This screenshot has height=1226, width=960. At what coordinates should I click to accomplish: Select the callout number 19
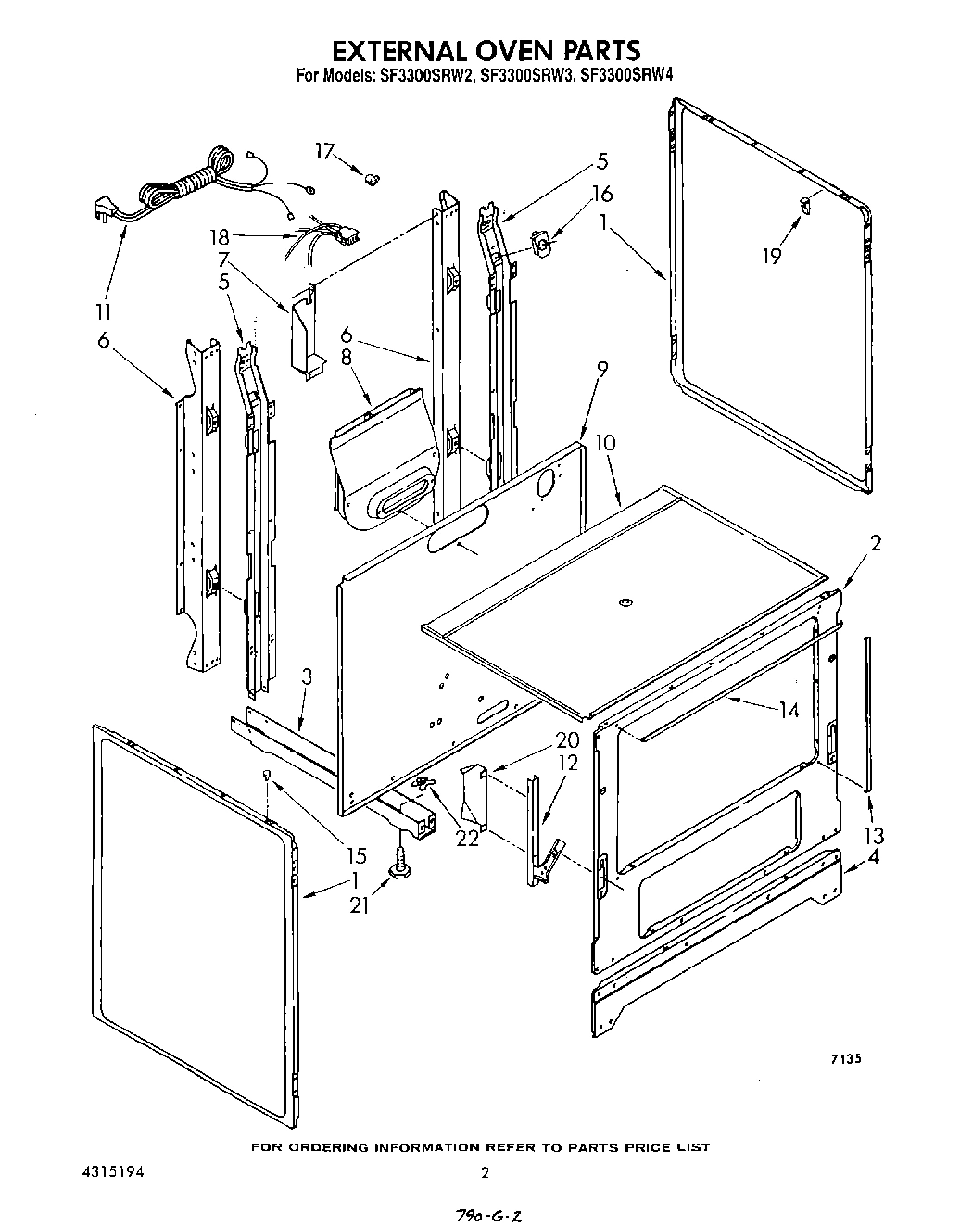(x=773, y=255)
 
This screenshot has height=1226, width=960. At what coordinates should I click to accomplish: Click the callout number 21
(x=360, y=904)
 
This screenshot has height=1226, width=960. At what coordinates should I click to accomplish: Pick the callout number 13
(x=874, y=834)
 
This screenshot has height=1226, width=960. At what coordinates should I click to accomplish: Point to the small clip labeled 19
(x=805, y=203)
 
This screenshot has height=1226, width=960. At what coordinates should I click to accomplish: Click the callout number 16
(x=601, y=195)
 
